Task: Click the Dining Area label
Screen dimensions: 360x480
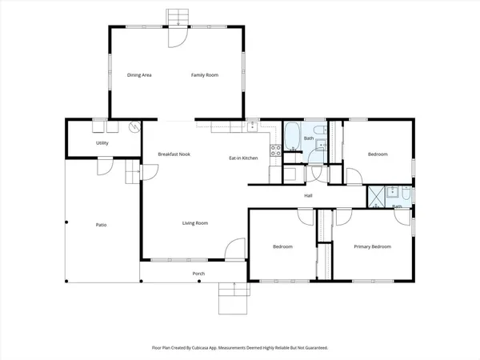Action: (x=139, y=75)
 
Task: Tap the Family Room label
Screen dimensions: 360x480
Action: (x=204, y=75)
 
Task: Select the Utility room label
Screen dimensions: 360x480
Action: (x=102, y=143)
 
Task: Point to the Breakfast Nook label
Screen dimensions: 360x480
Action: (x=174, y=154)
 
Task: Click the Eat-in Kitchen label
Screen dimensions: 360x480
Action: (x=243, y=158)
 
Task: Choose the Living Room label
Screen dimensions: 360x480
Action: (x=194, y=223)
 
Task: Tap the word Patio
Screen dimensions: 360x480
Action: (x=102, y=225)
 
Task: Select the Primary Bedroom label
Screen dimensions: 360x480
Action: (x=374, y=246)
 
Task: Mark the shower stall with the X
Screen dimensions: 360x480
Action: (x=374, y=194)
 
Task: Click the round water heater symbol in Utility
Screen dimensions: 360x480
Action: (x=134, y=126)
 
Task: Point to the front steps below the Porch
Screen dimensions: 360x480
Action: (x=233, y=299)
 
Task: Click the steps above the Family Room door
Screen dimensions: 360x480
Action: (x=175, y=17)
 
